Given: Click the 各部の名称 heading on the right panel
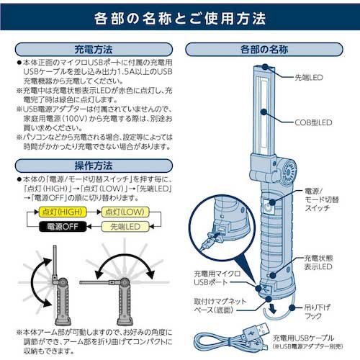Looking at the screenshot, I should [269, 50].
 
